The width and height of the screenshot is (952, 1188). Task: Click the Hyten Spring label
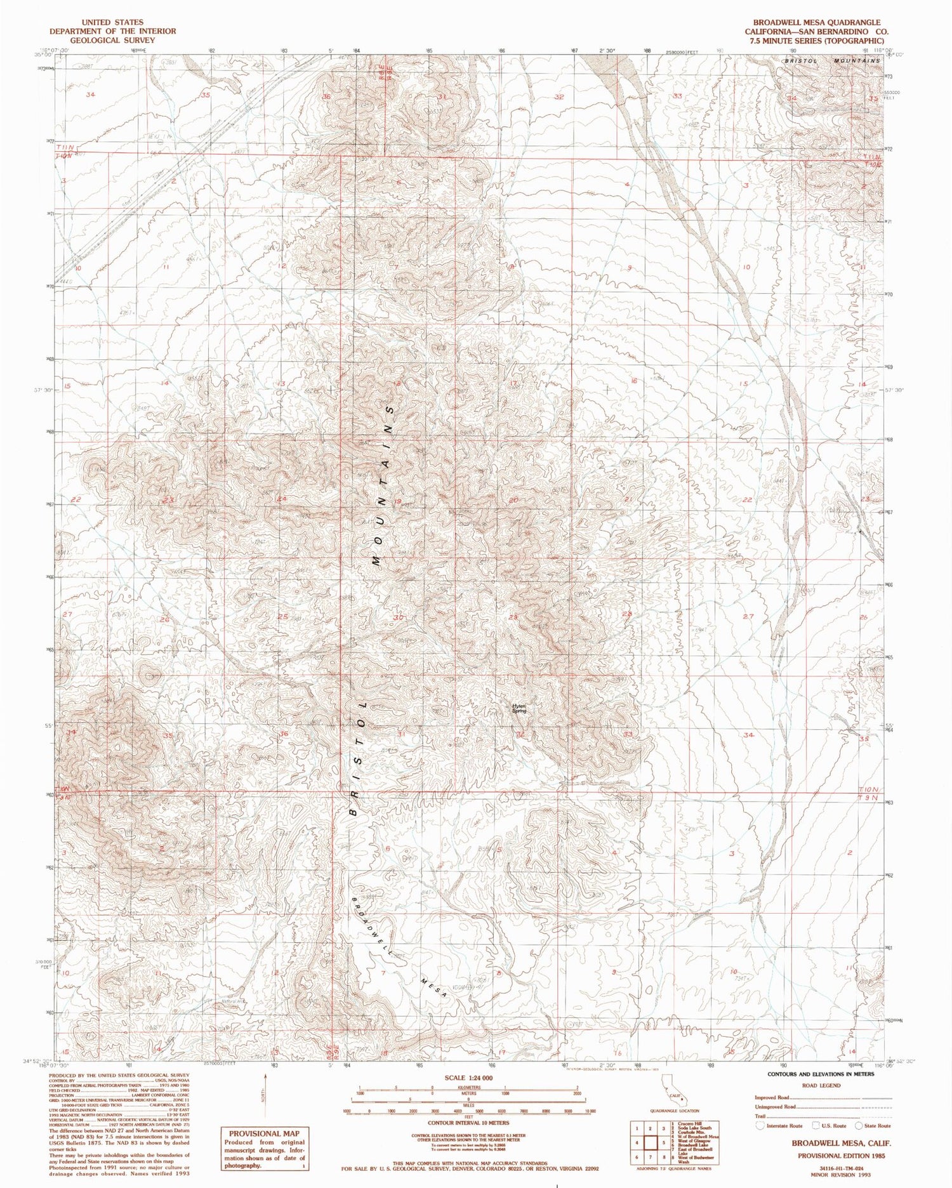click(519, 708)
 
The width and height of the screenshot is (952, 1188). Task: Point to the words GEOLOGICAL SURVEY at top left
click(113, 40)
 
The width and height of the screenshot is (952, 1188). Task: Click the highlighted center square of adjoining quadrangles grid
click(650, 1143)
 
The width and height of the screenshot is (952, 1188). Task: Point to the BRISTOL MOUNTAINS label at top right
click(831, 60)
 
